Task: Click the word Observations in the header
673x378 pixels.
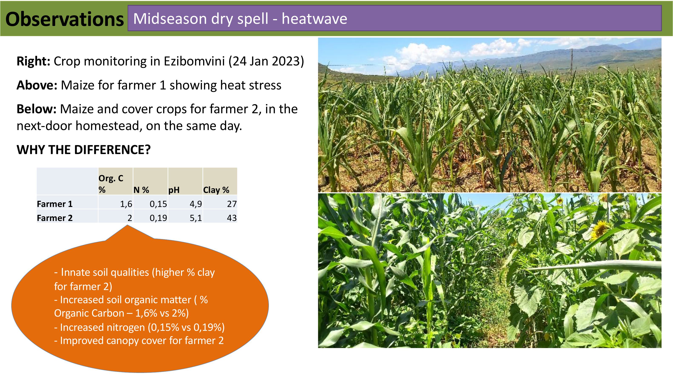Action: tap(64, 19)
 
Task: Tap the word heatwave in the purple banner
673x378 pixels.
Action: tap(314, 19)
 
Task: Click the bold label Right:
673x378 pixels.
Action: tap(33, 62)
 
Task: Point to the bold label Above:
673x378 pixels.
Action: tap(37, 85)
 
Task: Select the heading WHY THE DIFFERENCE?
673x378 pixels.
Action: tap(84, 150)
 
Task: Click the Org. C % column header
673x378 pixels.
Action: tap(111, 184)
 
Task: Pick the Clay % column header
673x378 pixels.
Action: tap(216, 190)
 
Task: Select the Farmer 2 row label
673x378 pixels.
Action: tap(55, 218)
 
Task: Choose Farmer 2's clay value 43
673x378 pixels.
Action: tap(232, 218)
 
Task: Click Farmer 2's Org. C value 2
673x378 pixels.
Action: tap(130, 218)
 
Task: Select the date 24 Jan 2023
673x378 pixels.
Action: tap(266, 62)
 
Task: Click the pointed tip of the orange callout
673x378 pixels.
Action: tap(127, 225)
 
